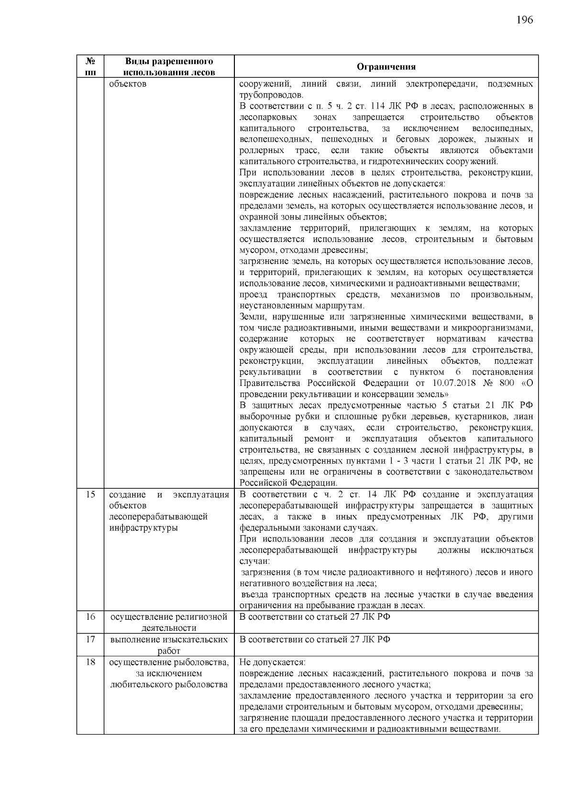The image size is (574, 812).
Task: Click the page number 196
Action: click(524, 20)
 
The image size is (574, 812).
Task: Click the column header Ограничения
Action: click(386, 66)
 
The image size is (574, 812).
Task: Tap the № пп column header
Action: click(90, 66)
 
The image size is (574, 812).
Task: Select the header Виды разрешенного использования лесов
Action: click(169, 66)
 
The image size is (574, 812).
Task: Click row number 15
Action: click(90, 494)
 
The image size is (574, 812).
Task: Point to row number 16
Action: click(90, 616)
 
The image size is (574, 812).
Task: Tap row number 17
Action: click(90, 639)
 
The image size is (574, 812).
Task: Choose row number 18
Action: click(90, 662)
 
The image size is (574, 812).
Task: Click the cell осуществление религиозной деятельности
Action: click(169, 622)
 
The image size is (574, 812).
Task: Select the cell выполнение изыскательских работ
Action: click(169, 645)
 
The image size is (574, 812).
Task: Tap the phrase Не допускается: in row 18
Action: click(272, 662)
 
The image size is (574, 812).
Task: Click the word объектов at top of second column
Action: click(128, 84)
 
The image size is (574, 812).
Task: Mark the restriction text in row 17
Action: click(314, 639)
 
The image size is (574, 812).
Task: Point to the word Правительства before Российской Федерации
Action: click(271, 383)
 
